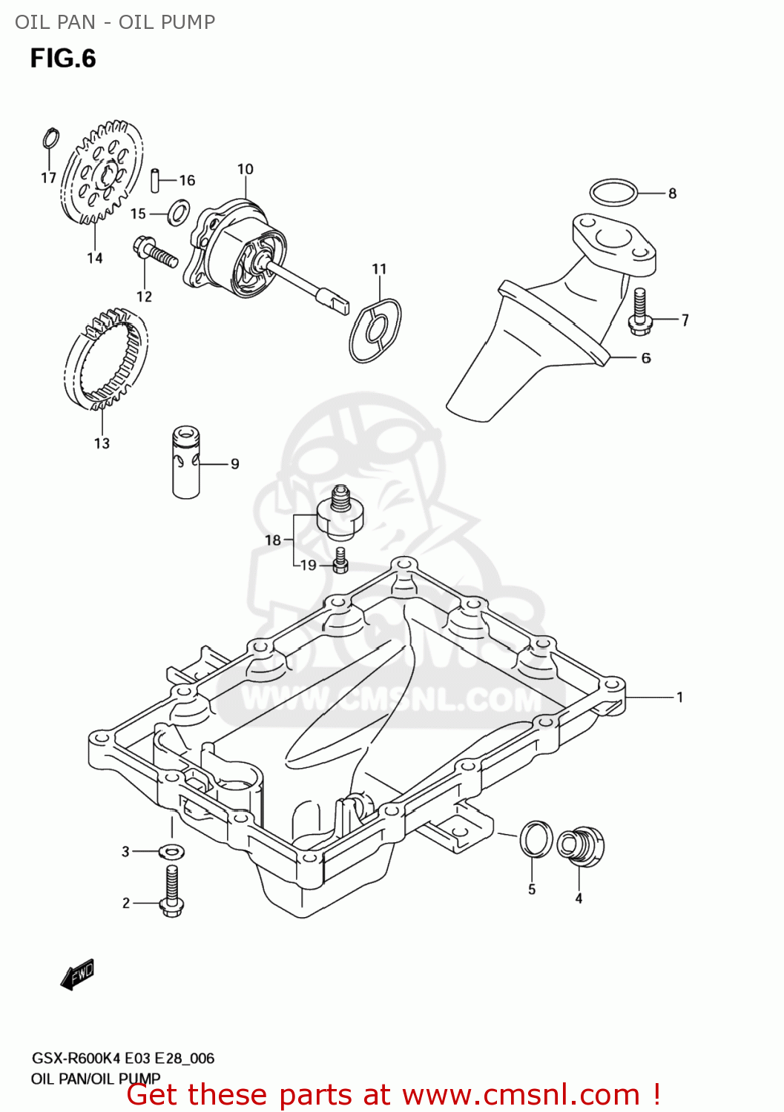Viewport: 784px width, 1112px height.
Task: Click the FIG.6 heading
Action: point(63,59)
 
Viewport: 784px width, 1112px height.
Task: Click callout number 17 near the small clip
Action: point(48,178)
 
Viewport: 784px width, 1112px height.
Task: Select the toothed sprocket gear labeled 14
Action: point(102,173)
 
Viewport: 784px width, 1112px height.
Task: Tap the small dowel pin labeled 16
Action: point(156,180)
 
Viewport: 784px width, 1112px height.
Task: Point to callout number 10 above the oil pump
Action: point(245,169)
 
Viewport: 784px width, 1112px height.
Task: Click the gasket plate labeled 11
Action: point(375,330)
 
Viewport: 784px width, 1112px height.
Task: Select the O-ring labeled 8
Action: point(613,193)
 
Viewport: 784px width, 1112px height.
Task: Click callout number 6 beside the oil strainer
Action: point(646,358)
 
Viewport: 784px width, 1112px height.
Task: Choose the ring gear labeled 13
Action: point(106,360)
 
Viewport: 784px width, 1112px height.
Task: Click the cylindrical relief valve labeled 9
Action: point(186,461)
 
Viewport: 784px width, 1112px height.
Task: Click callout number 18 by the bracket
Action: point(273,540)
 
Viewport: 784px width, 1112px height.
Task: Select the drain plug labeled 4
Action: point(581,846)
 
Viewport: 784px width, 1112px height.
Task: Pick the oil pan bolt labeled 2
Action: point(171,893)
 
